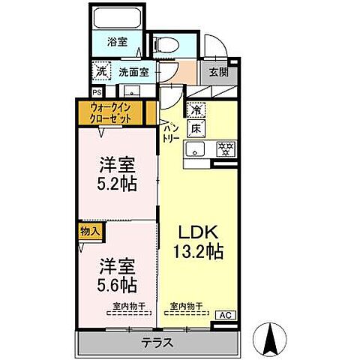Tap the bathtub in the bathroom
(118, 18)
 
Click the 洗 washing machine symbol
(101, 72)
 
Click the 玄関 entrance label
(217, 73)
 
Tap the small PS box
(97, 92)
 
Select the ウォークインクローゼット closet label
(111, 113)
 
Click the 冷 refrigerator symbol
(196, 109)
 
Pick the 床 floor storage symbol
(196, 127)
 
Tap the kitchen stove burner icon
(223, 148)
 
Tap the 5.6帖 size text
(118, 285)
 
